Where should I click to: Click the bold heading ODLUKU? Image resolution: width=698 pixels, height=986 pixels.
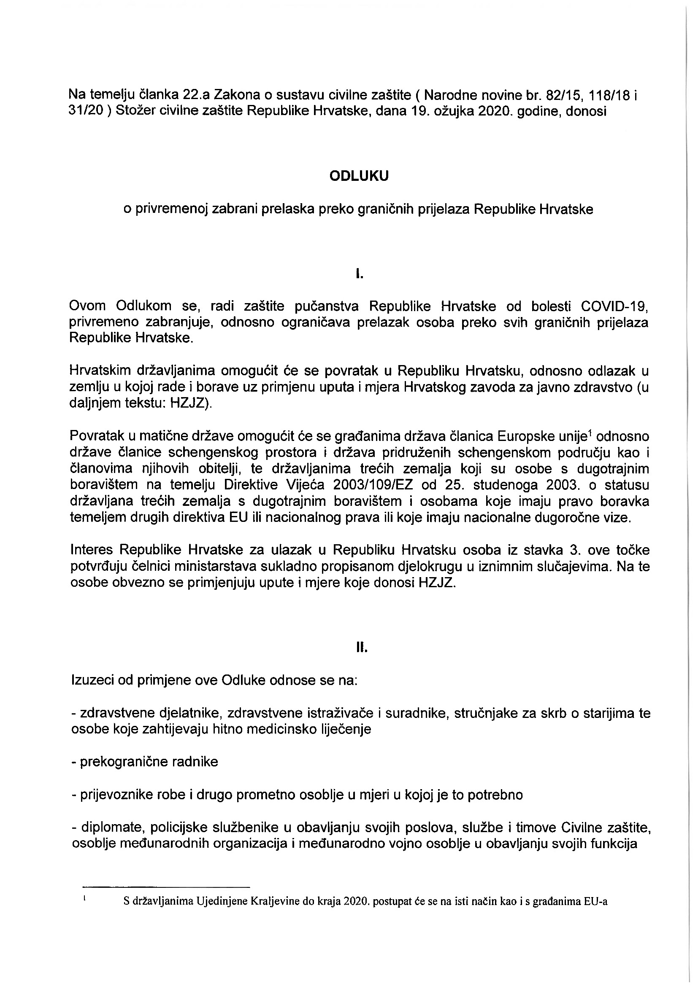(359, 176)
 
